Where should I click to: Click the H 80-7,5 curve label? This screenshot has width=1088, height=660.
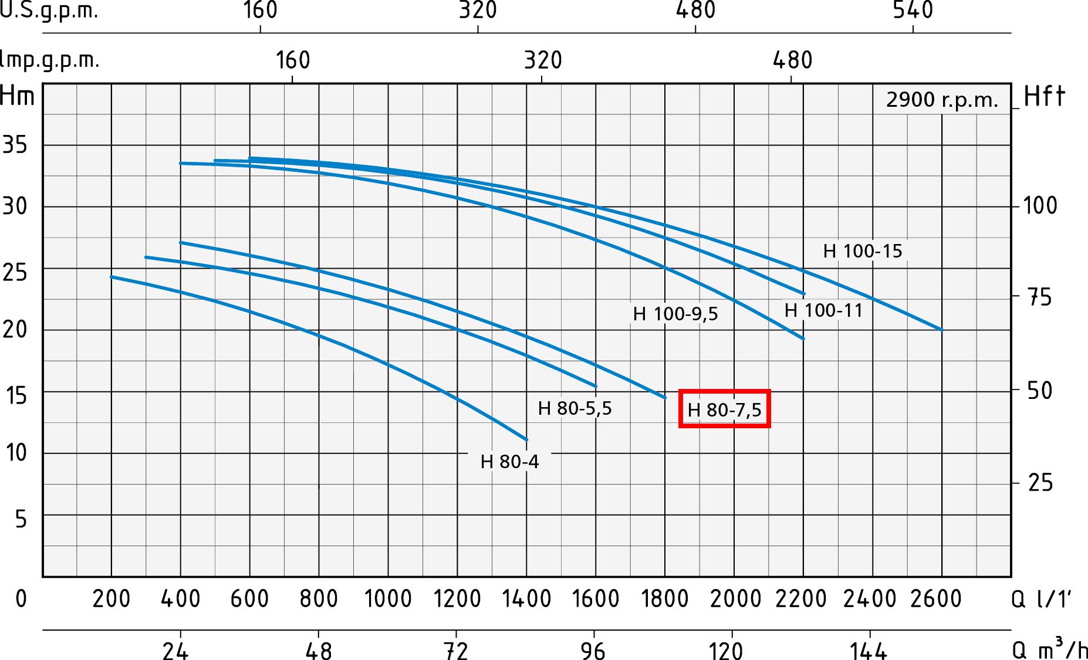724,409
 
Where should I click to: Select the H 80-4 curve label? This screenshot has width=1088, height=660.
509,462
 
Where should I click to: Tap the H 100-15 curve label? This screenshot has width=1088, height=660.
862,251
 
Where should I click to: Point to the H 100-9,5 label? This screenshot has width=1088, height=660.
675,314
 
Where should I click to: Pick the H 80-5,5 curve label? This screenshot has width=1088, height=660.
575,408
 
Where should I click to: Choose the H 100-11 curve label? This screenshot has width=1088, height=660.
823,310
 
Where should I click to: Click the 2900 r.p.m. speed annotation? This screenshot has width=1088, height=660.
942,100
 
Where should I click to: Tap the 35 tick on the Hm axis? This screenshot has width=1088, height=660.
15,144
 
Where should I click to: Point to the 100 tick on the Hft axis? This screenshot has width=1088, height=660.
1040,206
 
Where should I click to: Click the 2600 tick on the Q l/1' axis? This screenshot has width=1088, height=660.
936,599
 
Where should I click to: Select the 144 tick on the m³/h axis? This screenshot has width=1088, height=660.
869,651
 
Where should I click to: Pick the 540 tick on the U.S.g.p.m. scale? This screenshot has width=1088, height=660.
913,10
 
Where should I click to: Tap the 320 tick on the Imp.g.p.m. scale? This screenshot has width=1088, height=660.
543,60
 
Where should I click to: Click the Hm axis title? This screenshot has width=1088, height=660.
18,96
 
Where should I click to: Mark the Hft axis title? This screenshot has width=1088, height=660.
1044,96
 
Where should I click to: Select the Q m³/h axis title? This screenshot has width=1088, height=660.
1049,649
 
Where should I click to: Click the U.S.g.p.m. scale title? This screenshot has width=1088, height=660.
49,10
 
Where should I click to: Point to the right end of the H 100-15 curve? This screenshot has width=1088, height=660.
942,330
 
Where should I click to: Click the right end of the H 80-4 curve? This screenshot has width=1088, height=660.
526,439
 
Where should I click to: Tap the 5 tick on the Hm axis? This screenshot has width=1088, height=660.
21,519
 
